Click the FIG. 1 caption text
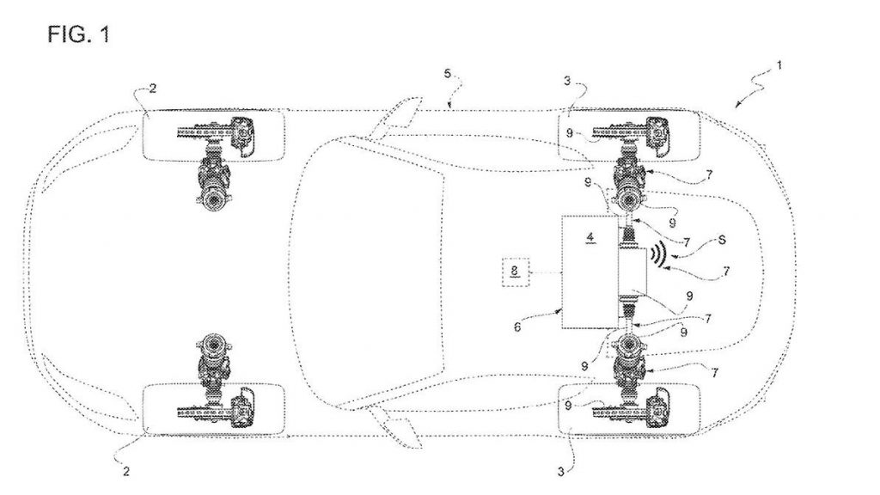pos(78,34)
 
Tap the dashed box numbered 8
pos(515,272)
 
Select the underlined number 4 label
pos(590,238)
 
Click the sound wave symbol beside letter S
pos(657,254)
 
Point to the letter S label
pos(722,241)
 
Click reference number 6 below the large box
pos(517,327)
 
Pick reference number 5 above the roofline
pos(447,74)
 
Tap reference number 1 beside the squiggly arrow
pos(779,65)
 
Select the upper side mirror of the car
pos(395,117)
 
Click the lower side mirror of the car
pos(395,427)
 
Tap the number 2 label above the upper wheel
pos(153,89)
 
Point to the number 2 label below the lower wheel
pos(125,472)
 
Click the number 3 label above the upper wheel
pos(567,82)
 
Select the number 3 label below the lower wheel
pos(560,472)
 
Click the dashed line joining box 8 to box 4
pos(545,272)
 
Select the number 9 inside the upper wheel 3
pos(569,133)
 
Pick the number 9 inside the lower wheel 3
pos(569,406)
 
